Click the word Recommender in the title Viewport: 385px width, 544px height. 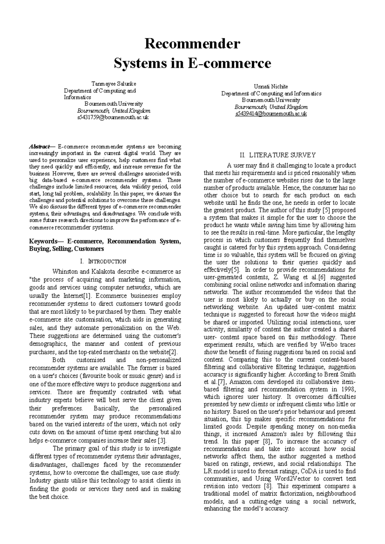[192, 44]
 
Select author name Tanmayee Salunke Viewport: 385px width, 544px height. [114, 84]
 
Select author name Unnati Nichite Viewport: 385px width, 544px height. [271, 87]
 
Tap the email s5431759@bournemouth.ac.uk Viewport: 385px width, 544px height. [113, 117]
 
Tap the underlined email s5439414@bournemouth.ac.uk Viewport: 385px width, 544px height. [271, 114]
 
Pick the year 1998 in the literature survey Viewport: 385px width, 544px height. [349, 389]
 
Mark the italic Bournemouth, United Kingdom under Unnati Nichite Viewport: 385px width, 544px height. [271, 107]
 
